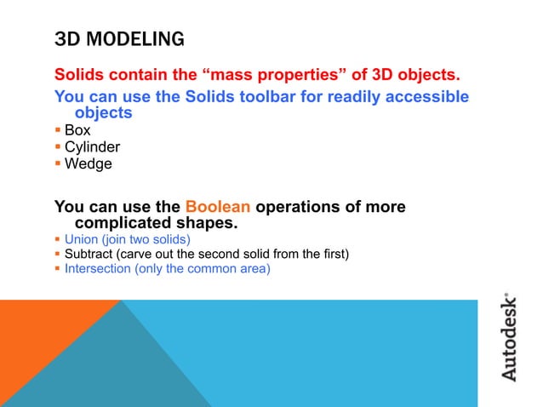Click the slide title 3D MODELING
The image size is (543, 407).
click(x=118, y=39)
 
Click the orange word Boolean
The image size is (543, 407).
click(x=217, y=207)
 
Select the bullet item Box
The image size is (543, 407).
click(x=77, y=131)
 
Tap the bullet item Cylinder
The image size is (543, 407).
click(x=92, y=147)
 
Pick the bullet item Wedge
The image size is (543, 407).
click(x=88, y=163)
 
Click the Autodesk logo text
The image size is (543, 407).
click(x=508, y=337)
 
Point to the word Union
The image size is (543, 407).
click(x=83, y=239)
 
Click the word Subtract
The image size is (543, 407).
click(x=89, y=254)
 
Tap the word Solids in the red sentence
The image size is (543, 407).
click(x=79, y=74)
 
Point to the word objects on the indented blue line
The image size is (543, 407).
click(x=103, y=112)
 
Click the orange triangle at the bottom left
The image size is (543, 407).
click(x=43, y=349)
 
